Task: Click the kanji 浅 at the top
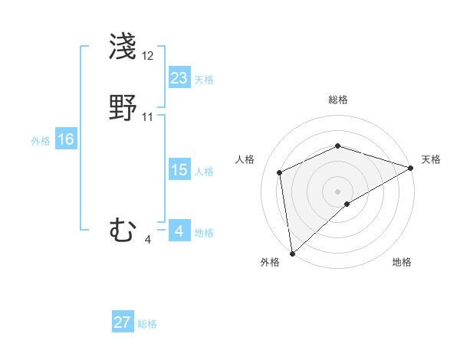[x=123, y=47]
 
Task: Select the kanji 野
[x=123, y=108]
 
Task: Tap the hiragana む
[x=123, y=230]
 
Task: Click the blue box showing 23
[x=179, y=78]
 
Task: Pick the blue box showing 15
[x=179, y=170]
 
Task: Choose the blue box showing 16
[x=66, y=139]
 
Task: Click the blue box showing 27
[x=123, y=322]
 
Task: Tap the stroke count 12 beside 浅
[x=148, y=56]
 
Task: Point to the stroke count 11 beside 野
[x=148, y=117]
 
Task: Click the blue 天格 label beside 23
[x=204, y=80]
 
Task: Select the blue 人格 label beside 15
[x=204, y=172]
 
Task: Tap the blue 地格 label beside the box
[x=204, y=233]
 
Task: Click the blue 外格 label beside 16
[x=41, y=141]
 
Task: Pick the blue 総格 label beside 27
[x=147, y=324]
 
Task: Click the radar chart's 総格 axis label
[x=338, y=100]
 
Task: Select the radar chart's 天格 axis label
[x=431, y=159]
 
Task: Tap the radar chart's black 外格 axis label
[x=270, y=263]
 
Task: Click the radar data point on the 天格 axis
[x=411, y=169]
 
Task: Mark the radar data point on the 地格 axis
[x=347, y=204]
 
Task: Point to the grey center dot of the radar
[x=337, y=191]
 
